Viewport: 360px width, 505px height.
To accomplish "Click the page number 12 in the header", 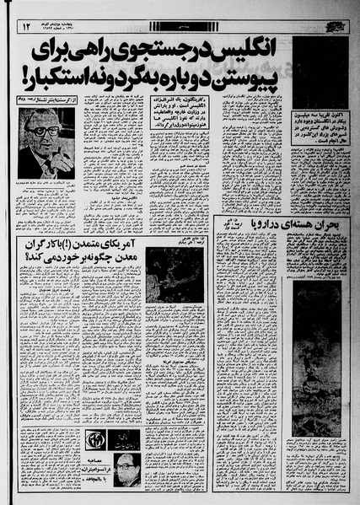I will tap(25, 28).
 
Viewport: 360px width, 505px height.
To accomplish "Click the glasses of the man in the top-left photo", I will tap(45, 131).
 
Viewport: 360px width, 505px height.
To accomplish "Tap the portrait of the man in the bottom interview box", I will tap(124, 466).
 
